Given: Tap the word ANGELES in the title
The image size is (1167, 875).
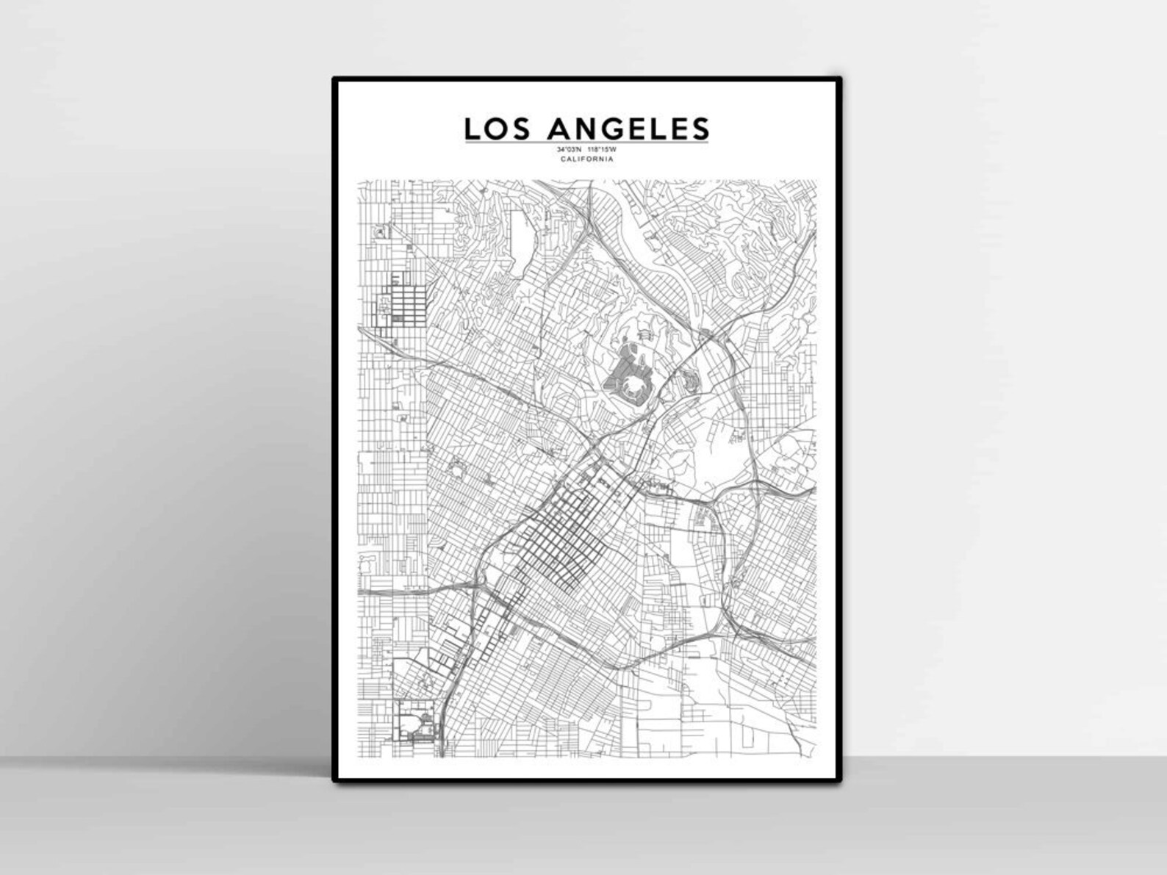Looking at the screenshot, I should (x=628, y=129).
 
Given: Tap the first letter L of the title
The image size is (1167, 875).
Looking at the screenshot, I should (x=472, y=129).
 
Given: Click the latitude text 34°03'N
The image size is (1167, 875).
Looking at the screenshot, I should (x=570, y=151).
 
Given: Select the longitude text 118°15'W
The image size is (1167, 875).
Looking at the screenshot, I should (x=603, y=151).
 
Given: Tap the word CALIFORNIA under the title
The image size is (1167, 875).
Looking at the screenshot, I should (x=586, y=159).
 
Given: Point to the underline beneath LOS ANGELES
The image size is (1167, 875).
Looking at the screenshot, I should (x=586, y=143).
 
